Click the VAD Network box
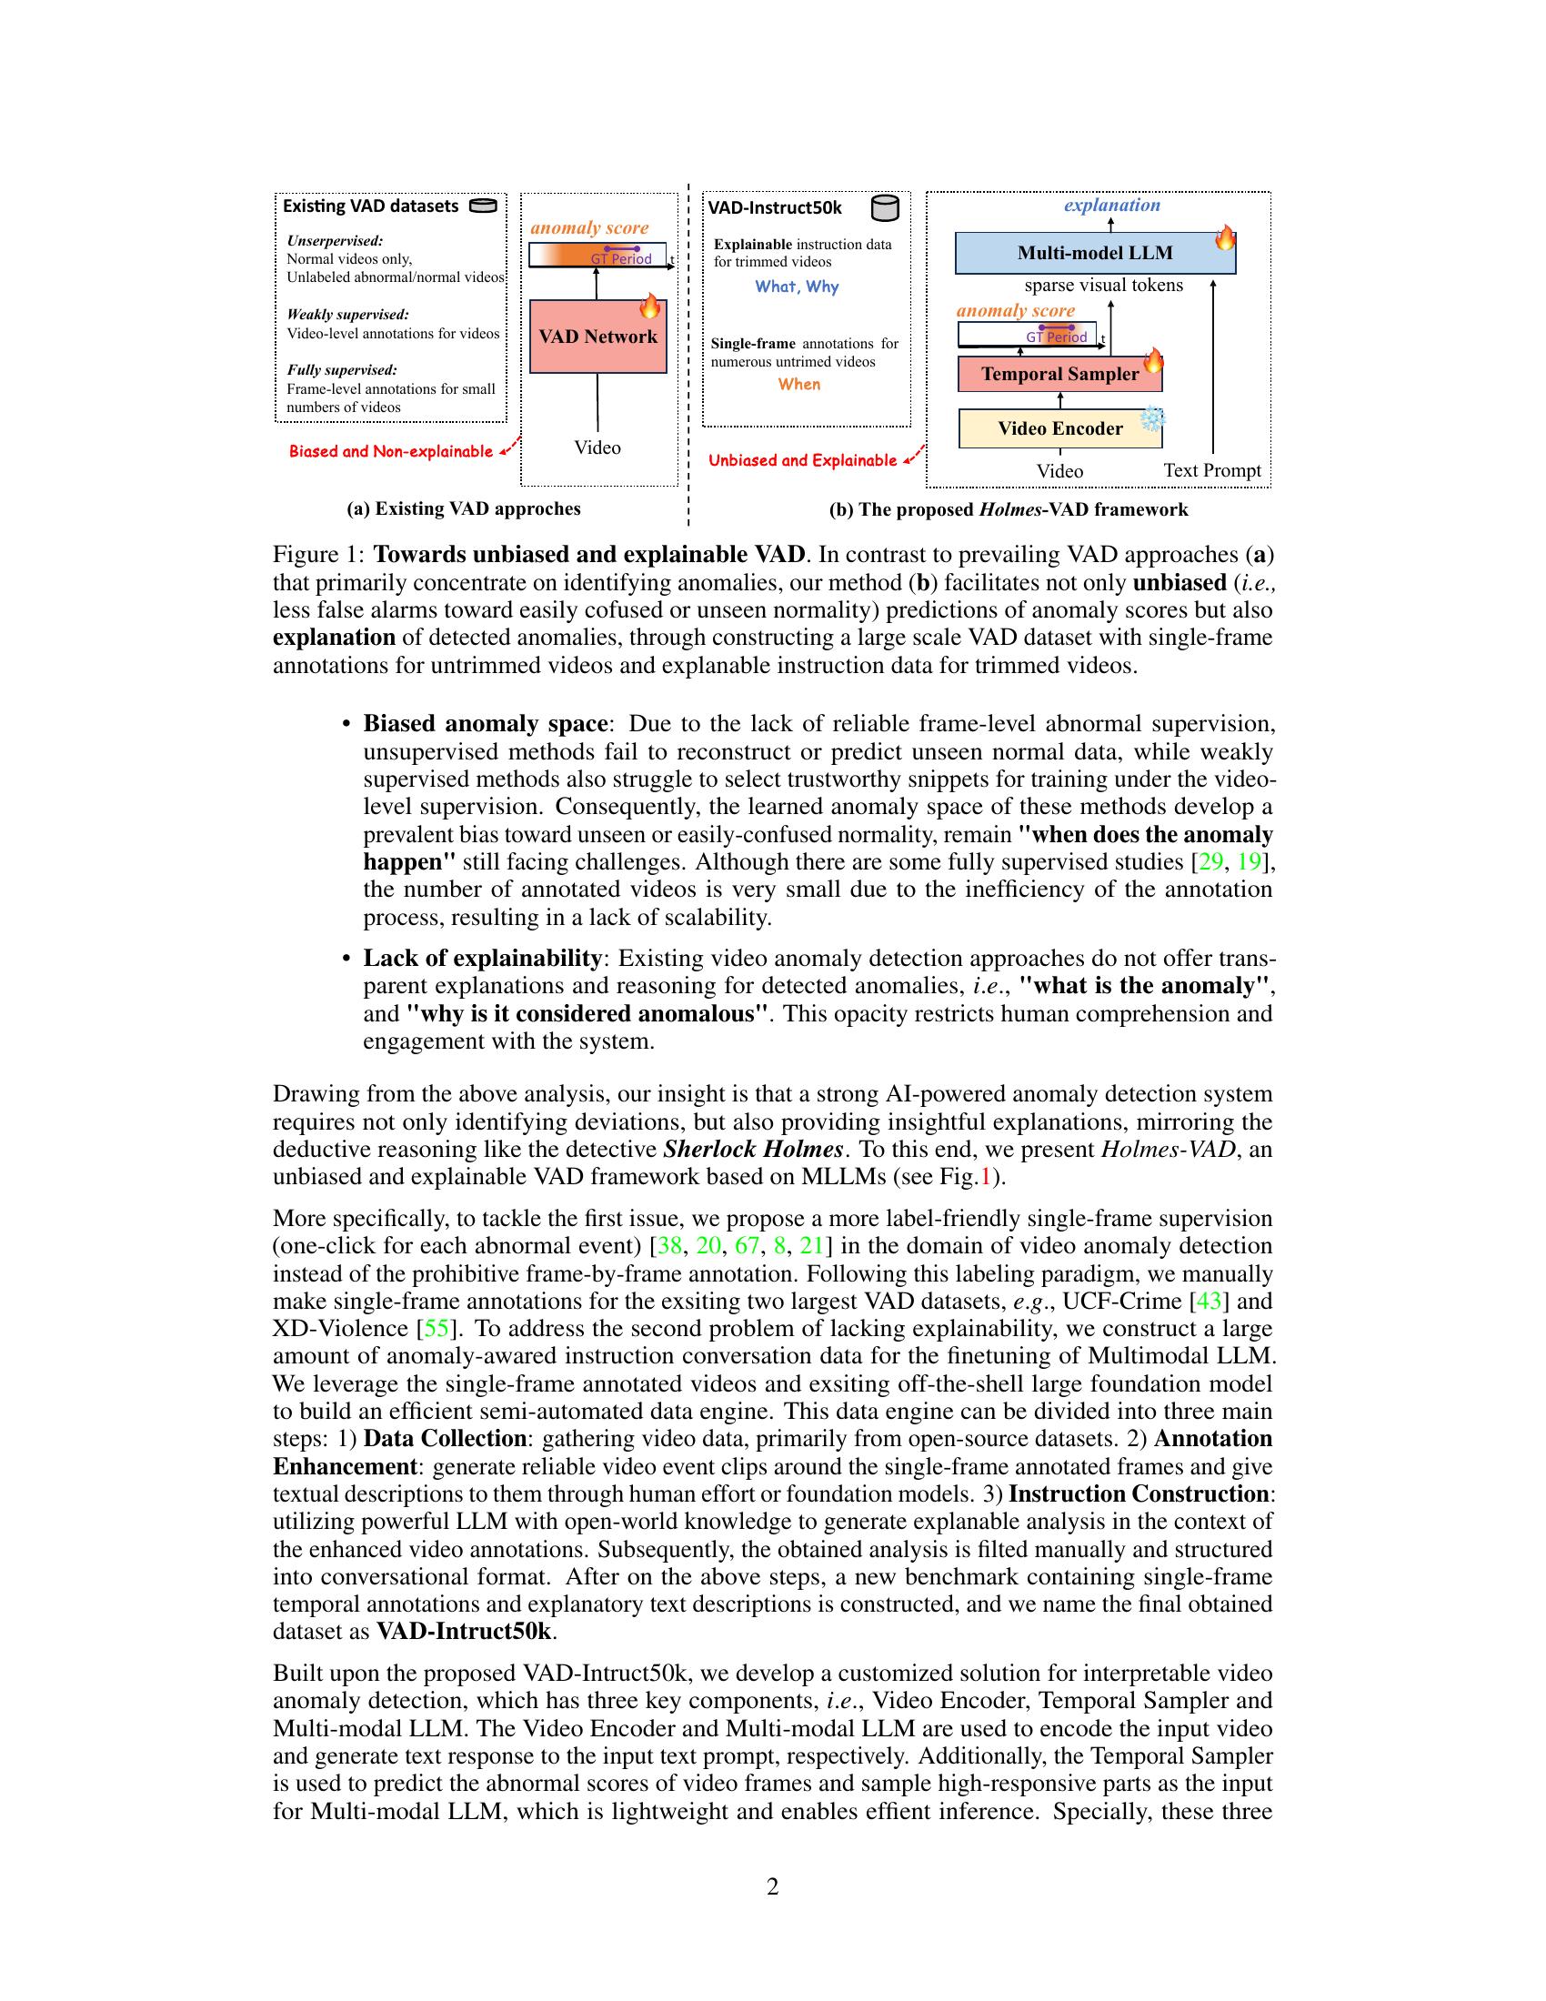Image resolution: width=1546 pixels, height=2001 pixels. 597,337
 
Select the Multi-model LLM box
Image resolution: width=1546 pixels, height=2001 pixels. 1093,253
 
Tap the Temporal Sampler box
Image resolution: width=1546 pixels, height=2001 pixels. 1059,374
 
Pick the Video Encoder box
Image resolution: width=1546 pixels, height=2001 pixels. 1059,428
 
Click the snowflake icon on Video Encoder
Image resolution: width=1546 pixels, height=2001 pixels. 1151,419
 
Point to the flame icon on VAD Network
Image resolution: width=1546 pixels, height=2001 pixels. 649,306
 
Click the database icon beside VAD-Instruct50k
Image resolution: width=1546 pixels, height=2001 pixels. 884,208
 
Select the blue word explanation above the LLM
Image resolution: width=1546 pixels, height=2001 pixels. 1111,206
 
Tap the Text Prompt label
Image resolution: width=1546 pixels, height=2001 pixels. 1211,470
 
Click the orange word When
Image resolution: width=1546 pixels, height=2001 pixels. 798,385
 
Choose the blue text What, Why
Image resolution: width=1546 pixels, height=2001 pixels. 796,287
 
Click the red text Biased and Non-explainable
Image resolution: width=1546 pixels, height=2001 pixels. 390,452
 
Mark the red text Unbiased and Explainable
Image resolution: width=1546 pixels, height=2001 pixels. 802,461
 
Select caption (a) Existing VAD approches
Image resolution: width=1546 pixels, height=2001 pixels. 464,508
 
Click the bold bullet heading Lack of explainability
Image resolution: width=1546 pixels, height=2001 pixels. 482,959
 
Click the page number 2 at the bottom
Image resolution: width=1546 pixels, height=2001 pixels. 772,1886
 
